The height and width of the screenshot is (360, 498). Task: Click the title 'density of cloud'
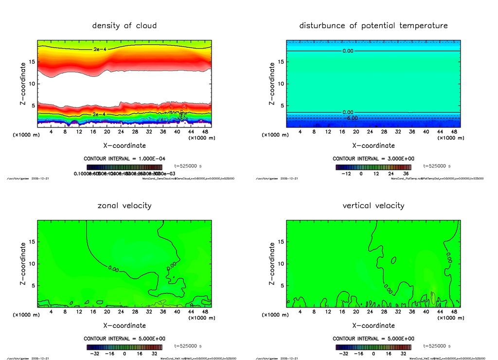coord(124,25)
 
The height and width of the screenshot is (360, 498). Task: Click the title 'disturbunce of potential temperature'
coord(373,25)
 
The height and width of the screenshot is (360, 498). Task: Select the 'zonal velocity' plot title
coord(124,205)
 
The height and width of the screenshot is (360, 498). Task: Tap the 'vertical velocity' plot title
coord(373,205)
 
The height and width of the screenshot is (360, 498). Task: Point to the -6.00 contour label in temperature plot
coord(351,118)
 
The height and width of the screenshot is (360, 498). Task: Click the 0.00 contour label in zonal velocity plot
coord(114,268)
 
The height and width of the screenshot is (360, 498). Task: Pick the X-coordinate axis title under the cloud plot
coord(124,145)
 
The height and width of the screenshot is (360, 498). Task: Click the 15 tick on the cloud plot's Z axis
coord(31,62)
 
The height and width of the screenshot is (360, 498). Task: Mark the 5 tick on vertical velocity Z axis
coord(281,286)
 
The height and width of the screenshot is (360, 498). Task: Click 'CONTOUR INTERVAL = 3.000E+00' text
coord(373,159)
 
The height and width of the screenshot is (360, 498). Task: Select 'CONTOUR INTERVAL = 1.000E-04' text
coord(124,159)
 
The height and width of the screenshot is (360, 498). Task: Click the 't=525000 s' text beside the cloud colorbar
coord(188,166)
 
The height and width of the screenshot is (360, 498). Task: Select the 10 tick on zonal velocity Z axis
coord(31,264)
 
